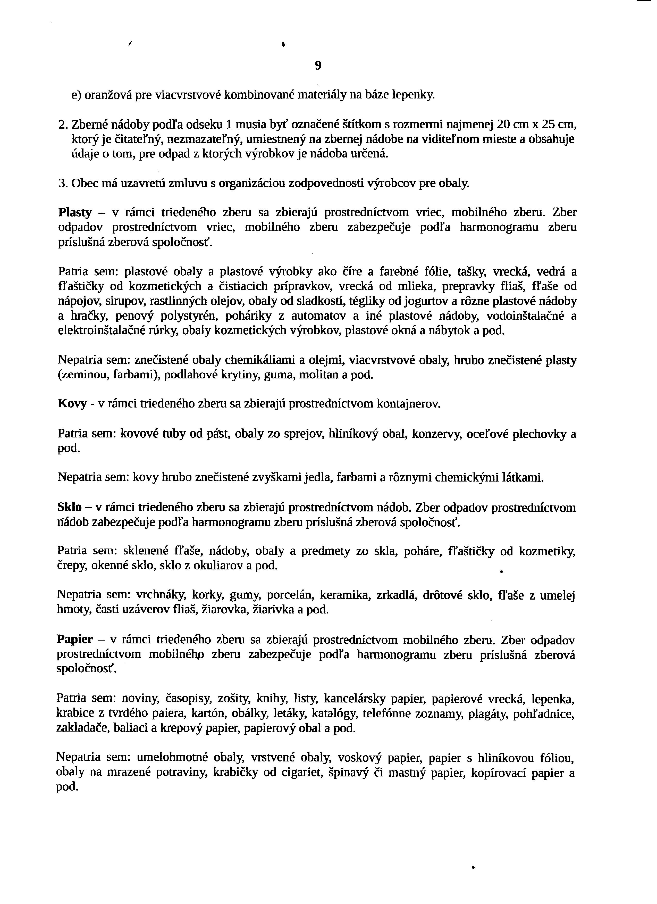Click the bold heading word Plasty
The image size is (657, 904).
click(75, 212)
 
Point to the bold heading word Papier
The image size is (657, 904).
click(74, 640)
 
